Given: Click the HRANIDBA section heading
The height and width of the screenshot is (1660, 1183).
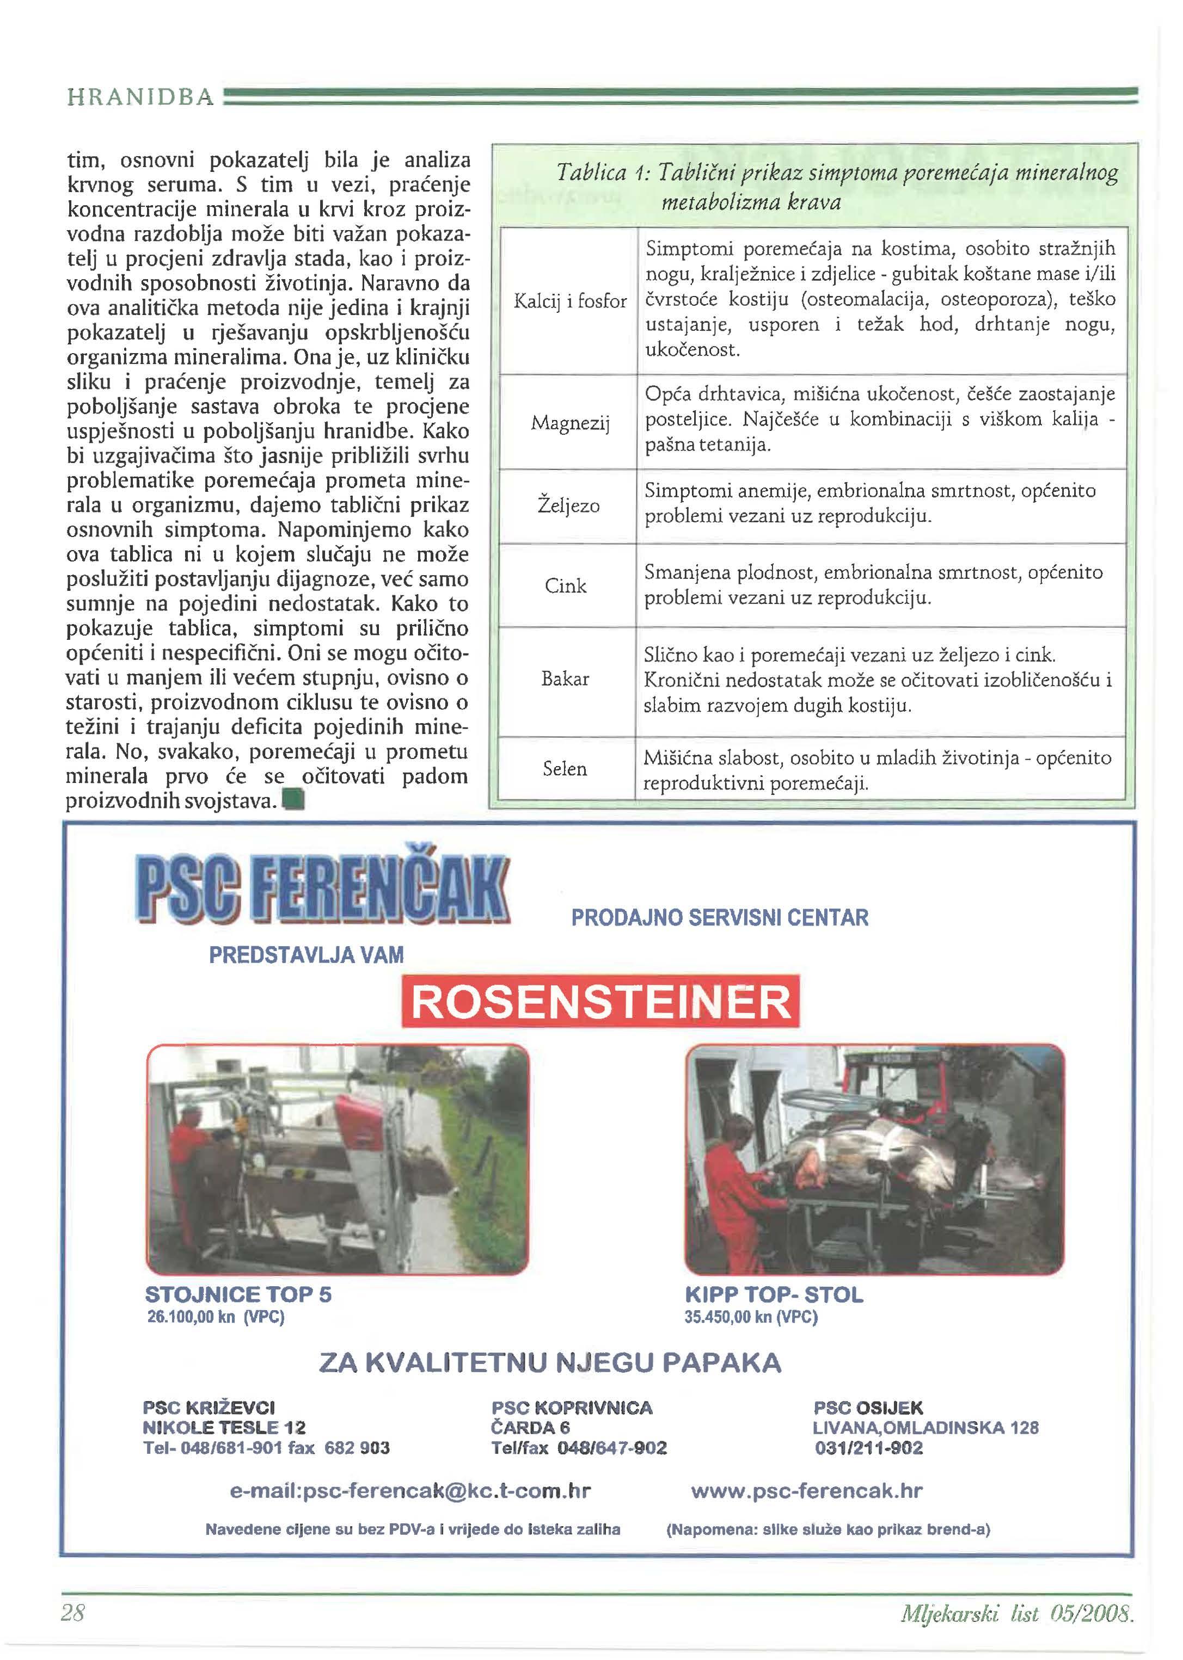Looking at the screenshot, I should [x=140, y=97].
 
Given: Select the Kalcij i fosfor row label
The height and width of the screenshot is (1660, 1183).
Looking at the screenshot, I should [x=569, y=301].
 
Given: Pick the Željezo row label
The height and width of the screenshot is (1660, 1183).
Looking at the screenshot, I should [x=568, y=505].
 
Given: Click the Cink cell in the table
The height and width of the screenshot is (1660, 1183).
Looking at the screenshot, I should [x=565, y=585].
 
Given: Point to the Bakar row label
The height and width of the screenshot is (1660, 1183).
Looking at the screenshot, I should [x=565, y=678].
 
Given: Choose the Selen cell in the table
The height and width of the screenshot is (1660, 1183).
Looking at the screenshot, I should [x=565, y=769].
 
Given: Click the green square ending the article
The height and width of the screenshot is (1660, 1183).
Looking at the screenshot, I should [x=293, y=801].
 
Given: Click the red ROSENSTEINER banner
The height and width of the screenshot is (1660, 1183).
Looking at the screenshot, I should [x=600, y=1001].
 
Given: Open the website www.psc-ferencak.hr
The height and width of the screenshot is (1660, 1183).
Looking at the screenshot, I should [x=806, y=1491].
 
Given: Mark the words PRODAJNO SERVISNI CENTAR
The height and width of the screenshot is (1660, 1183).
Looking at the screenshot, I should [x=720, y=917].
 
